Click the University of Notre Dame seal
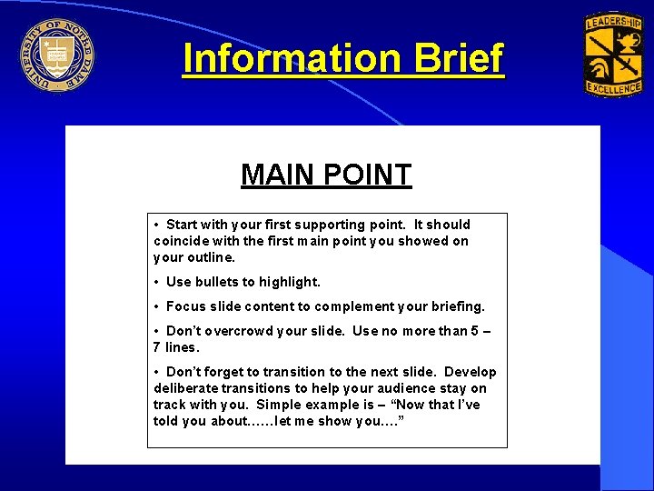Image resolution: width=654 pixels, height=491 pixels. pyautogui.click(x=56, y=55)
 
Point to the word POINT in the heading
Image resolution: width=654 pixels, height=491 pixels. pyautogui.click(x=366, y=175)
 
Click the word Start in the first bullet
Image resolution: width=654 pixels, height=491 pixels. pyautogui.click(x=182, y=225)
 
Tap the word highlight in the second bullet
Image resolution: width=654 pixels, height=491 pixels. pyautogui.click(x=290, y=282)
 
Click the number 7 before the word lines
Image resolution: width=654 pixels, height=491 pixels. pyautogui.click(x=157, y=347)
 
